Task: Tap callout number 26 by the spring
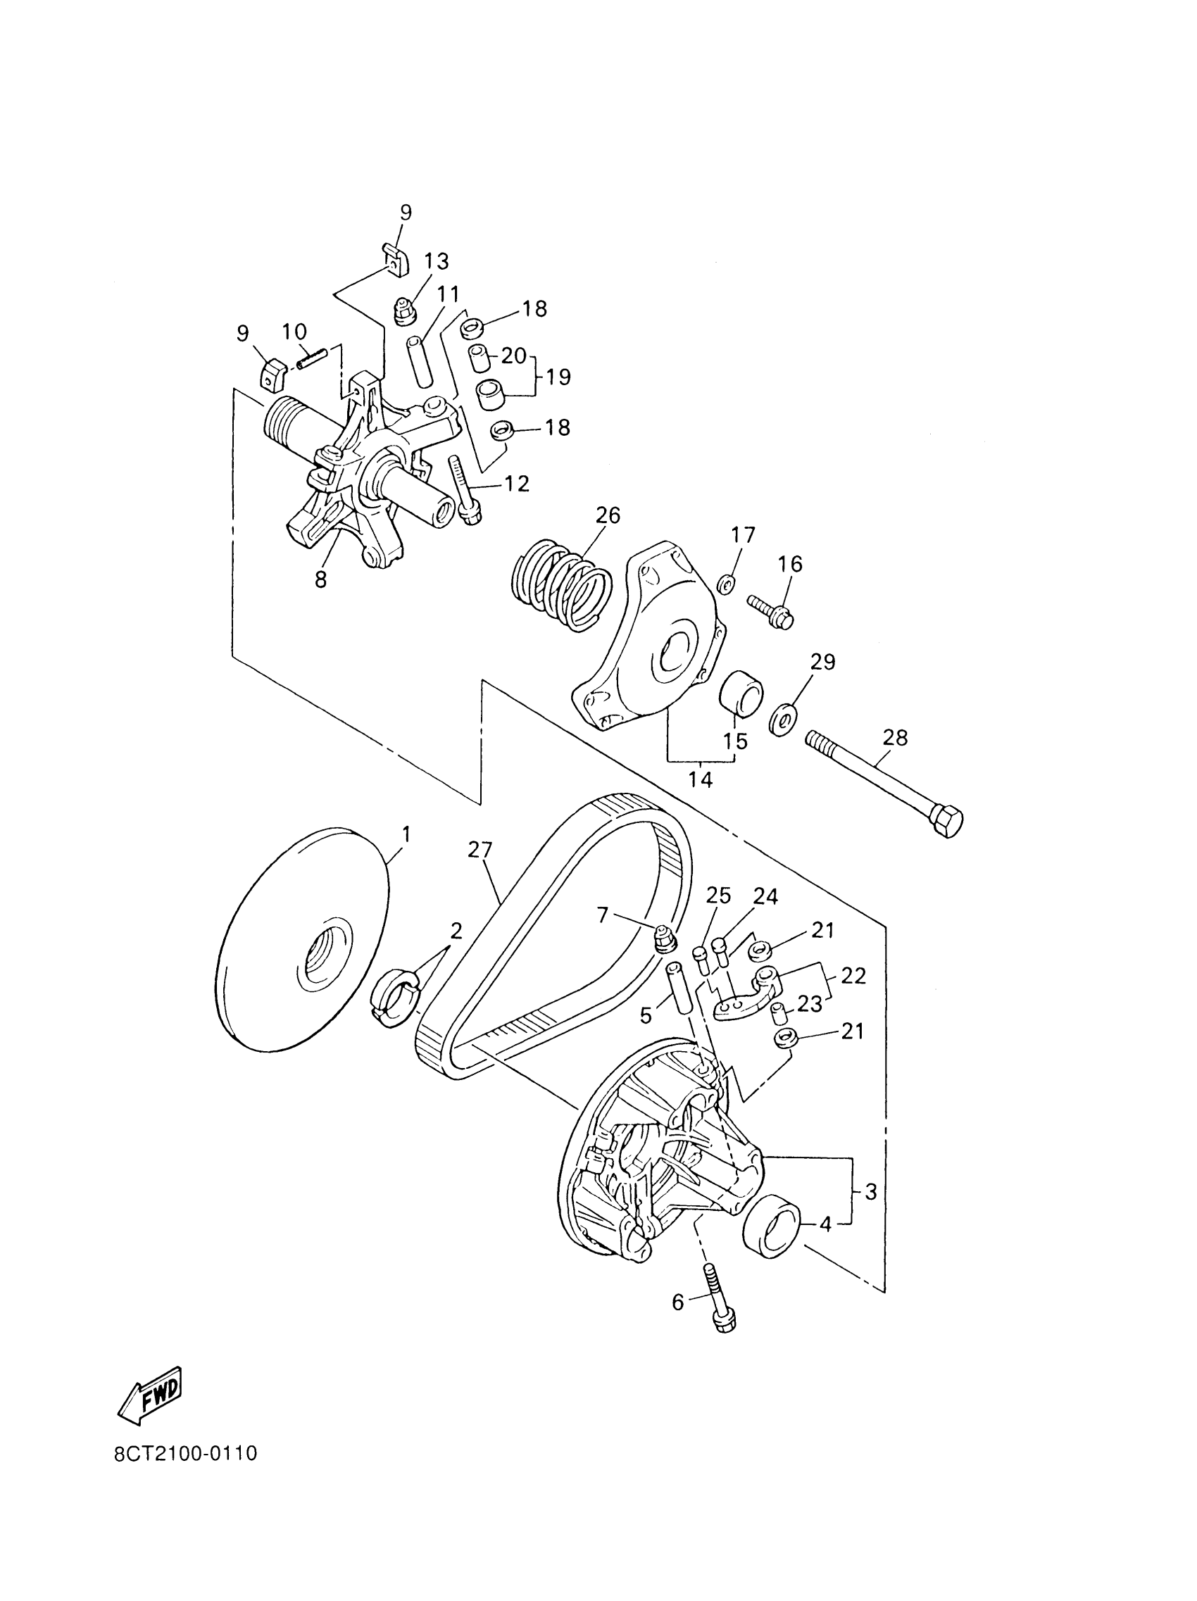607,515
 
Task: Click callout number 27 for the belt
480,850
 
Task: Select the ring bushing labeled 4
772,1226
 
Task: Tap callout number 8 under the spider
320,579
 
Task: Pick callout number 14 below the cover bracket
700,779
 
